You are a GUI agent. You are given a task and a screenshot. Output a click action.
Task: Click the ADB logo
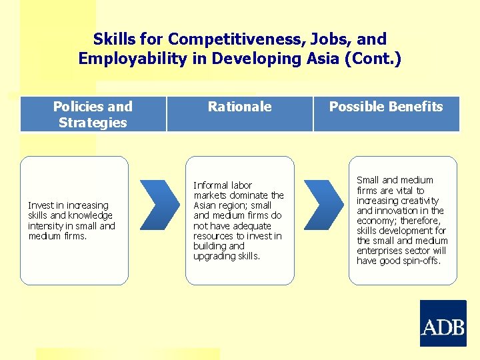tap(443, 323)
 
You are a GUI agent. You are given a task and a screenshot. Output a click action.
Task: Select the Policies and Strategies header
tap(93, 114)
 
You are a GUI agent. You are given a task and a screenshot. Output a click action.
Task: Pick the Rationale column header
tap(239, 107)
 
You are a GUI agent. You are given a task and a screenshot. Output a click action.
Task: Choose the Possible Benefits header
tap(386, 107)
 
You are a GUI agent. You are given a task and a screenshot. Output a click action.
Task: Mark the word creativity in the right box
tap(417, 201)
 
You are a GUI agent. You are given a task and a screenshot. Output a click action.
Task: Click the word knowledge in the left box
tap(90, 215)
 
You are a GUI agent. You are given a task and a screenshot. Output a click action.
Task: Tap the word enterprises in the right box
tap(381, 251)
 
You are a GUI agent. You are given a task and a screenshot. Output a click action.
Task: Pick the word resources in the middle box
tap(214, 236)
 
